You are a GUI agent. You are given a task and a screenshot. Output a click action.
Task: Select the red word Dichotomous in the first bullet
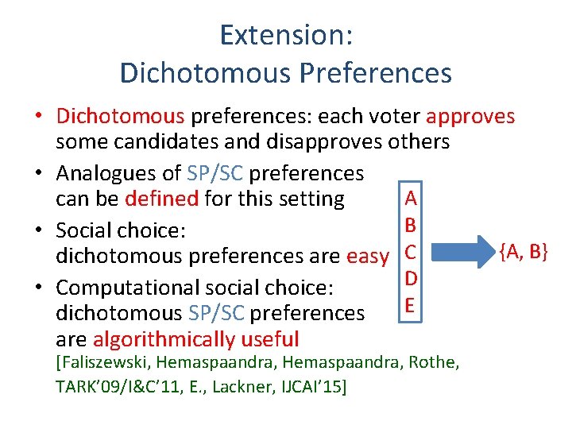(x=120, y=117)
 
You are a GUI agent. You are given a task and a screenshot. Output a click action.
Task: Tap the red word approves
(x=470, y=117)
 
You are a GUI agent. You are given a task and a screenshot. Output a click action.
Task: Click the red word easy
(x=368, y=256)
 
